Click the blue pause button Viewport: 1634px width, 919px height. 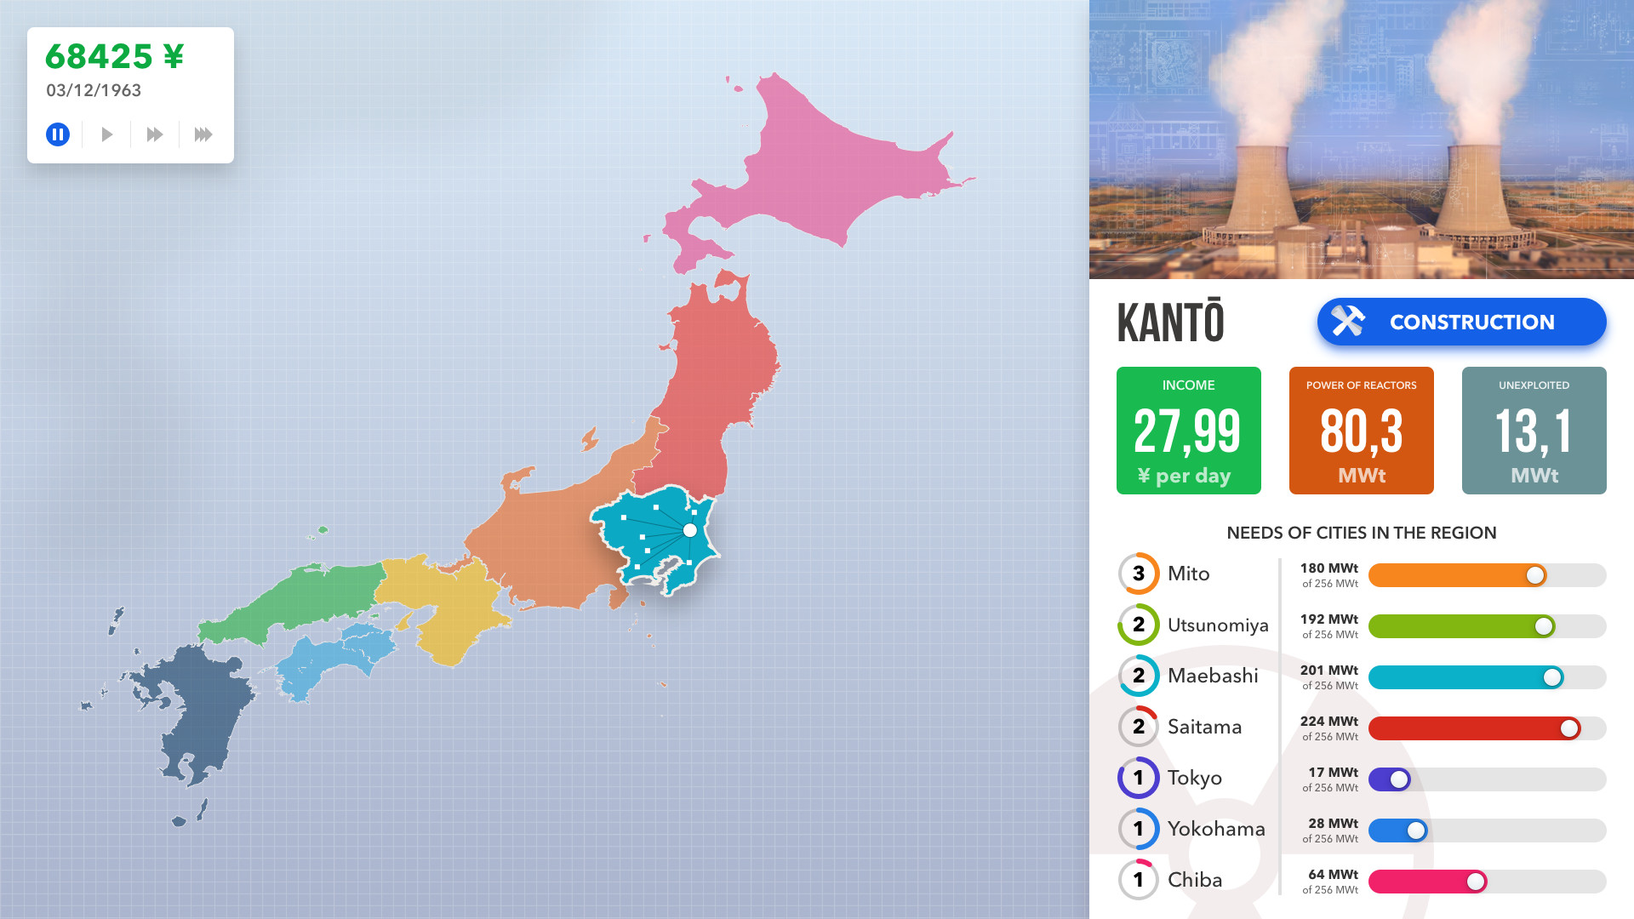tap(58, 134)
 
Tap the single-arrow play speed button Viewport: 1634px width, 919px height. tap(106, 134)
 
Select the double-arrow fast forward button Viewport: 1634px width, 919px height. tap(154, 134)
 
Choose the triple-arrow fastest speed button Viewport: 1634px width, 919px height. tap(203, 134)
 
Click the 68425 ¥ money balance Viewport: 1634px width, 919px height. tap(114, 57)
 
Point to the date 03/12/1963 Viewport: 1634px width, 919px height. tap(94, 90)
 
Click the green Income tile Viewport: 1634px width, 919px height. tap(1188, 431)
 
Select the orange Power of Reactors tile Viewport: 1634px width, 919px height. tap(1361, 431)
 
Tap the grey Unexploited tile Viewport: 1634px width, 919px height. tap(1534, 431)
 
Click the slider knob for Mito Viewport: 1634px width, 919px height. tap(1535, 575)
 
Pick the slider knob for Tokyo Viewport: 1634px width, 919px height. tap(1399, 779)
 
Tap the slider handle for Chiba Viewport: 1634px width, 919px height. tap(1476, 882)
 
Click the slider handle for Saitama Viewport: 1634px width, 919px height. tap(1569, 728)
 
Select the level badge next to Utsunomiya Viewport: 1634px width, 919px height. tap(1139, 625)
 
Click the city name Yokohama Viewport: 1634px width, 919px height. tap(1216, 829)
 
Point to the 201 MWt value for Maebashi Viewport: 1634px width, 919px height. tap(1328, 671)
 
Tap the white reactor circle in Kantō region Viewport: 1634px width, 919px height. tap(690, 530)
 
